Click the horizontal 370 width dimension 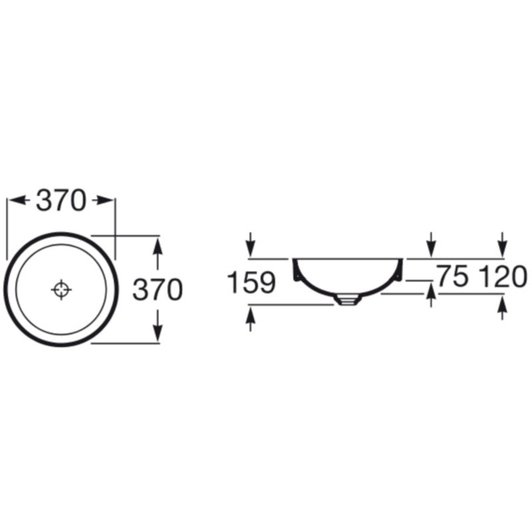(61, 201)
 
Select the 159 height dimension (251, 282)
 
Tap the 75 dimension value (454, 276)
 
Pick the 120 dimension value (503, 276)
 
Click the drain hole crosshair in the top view (61, 289)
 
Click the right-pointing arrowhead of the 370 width (104, 200)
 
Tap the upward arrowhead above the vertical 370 (158, 246)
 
